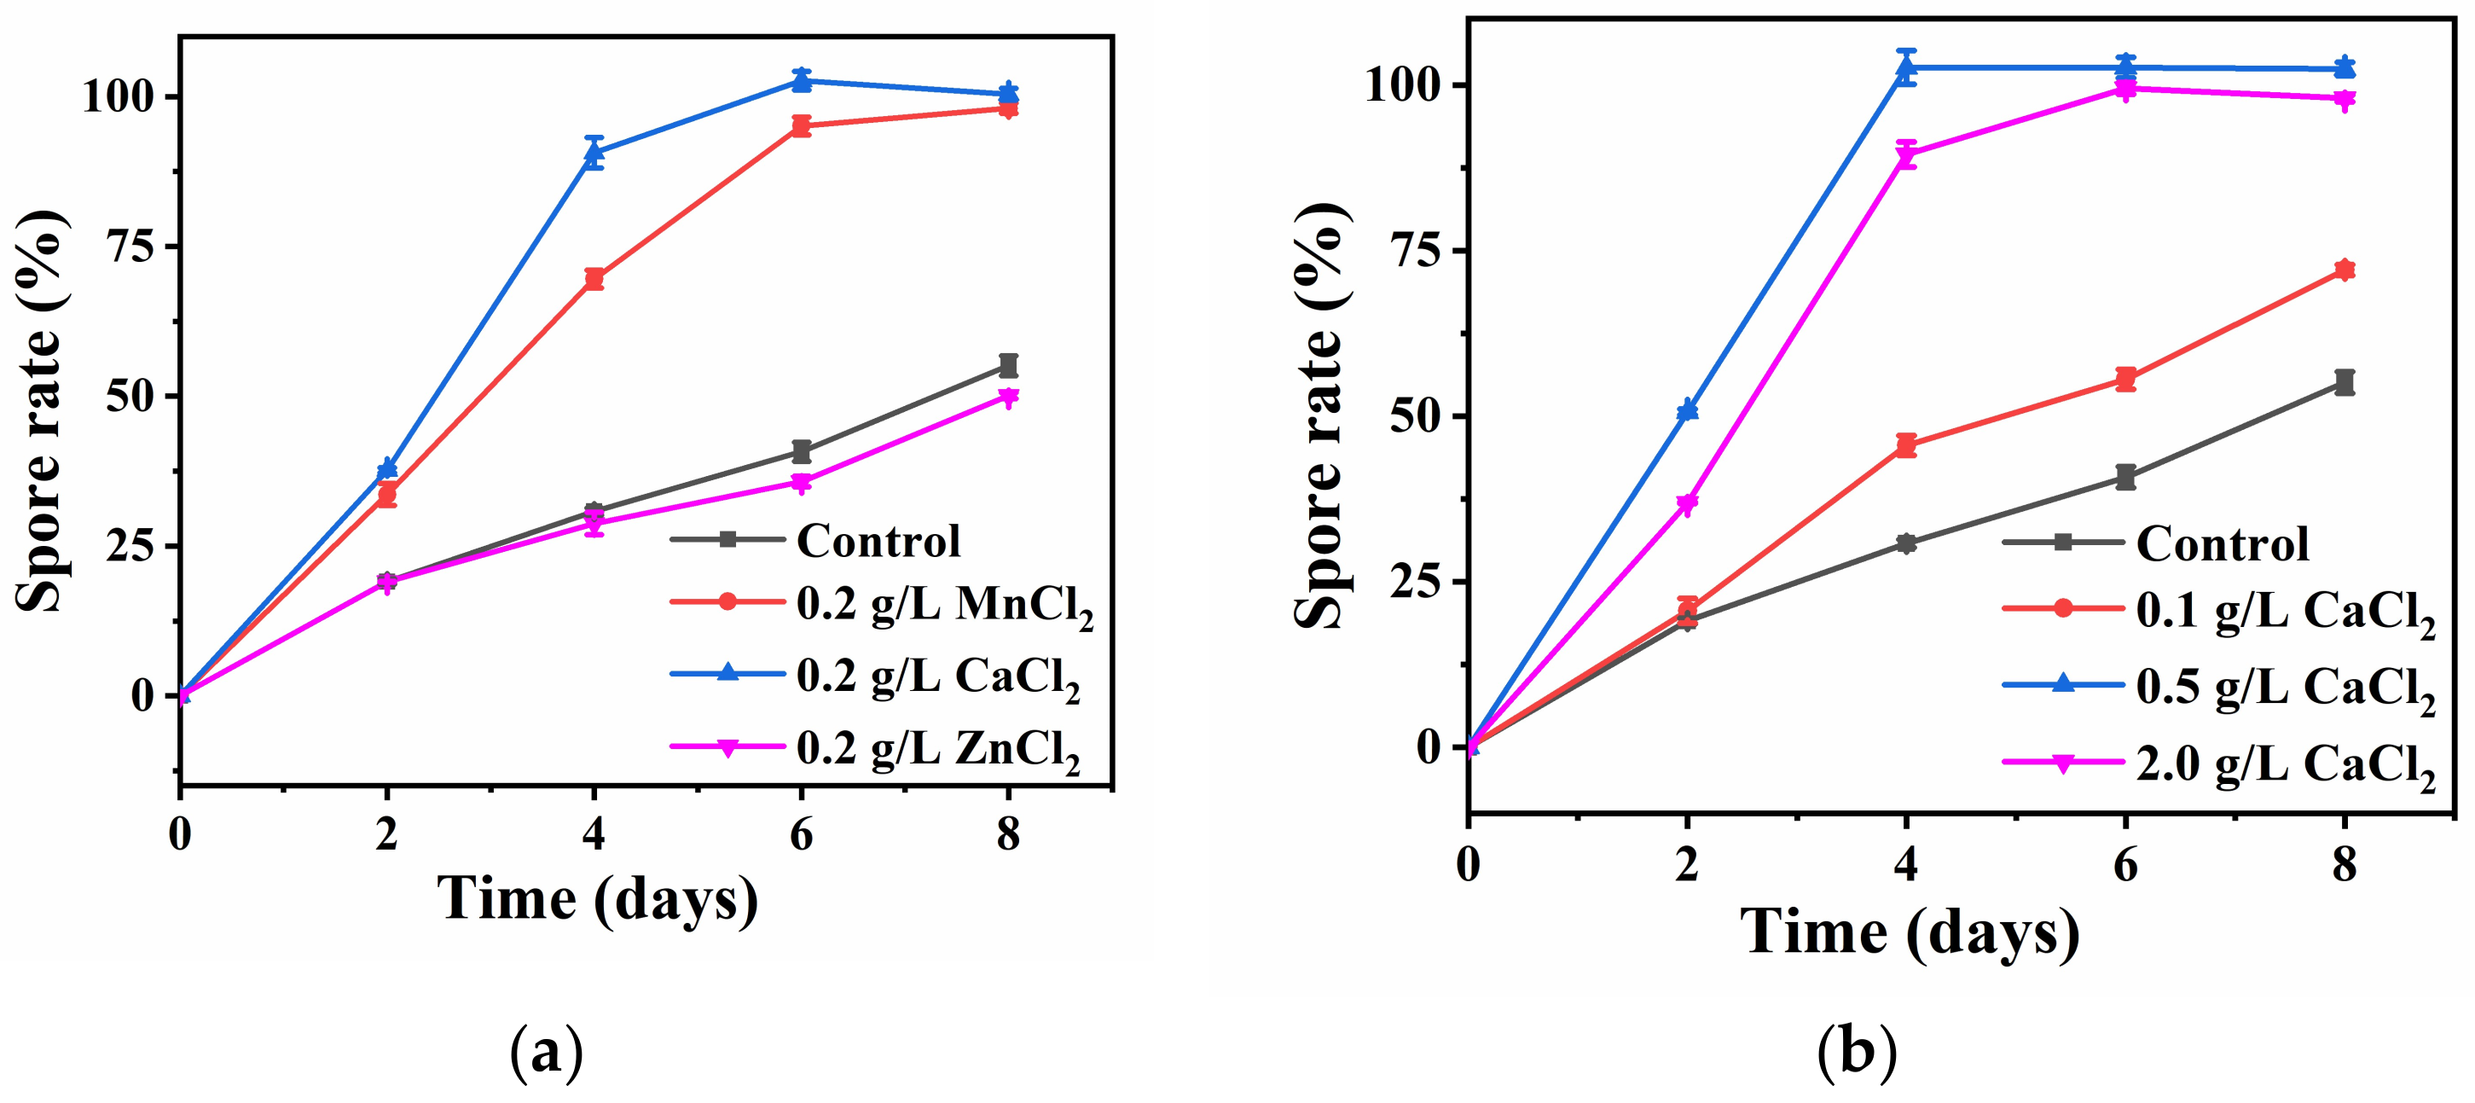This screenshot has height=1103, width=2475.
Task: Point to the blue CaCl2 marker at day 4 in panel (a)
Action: coord(594,151)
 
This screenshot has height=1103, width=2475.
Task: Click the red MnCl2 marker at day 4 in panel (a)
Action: coord(594,280)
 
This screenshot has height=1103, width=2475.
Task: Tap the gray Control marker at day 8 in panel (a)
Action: coord(1008,365)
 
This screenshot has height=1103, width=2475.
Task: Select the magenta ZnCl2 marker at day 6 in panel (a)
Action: coord(802,482)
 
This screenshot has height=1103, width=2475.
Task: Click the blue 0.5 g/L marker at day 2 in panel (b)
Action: coord(1687,410)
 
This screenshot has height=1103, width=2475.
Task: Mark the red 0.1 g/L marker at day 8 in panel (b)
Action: coord(2345,270)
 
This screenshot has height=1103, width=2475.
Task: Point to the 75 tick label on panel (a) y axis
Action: coord(130,247)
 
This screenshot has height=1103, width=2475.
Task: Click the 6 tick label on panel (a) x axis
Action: coord(802,834)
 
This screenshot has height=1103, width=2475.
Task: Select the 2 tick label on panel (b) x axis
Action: coord(1687,865)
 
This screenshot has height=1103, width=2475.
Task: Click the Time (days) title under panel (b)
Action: coord(1909,932)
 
